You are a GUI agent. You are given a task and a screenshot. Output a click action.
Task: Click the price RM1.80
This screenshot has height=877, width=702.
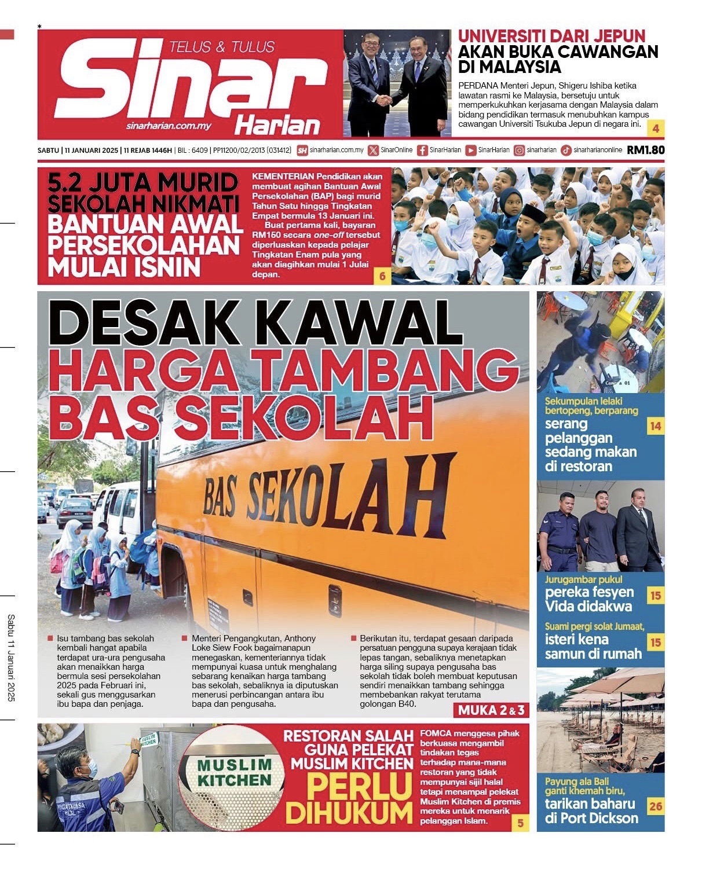pos(645,151)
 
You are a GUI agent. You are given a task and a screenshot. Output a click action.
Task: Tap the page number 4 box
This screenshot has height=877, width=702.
pos(656,129)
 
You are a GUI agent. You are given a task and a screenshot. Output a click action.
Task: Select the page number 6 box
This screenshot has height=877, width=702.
pos(382,276)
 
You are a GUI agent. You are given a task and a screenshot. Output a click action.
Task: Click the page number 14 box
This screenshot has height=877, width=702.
pos(655,427)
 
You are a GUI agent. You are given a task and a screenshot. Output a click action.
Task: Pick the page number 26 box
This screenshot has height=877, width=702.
pos(655,806)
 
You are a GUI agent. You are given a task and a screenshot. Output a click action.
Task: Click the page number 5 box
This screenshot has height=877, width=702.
pos(520,823)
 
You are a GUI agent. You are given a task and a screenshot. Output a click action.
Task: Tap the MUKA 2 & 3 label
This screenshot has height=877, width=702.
pos(491,710)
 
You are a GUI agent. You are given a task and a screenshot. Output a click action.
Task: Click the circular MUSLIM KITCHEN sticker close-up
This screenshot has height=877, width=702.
pos(234,773)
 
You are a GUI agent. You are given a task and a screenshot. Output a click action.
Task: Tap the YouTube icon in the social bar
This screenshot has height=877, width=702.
pos(471,151)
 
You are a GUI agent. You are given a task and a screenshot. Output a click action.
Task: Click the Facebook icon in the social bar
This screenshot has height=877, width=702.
pos(422,151)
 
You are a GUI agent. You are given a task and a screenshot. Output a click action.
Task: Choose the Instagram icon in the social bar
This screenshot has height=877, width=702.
pos(520,151)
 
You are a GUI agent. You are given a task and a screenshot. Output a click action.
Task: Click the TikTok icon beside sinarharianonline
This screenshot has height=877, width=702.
pos(566,151)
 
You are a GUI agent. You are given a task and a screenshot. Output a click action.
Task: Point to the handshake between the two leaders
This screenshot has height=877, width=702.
pos(384,100)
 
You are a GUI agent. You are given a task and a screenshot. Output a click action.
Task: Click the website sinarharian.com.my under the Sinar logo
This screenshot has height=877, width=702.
pos(168,126)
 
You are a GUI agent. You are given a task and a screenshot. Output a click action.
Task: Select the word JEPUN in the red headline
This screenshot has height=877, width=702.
pos(613,36)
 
